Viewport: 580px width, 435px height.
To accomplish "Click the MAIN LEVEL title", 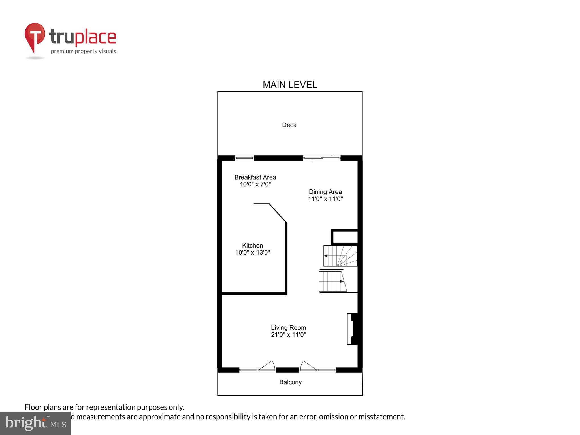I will [290, 85].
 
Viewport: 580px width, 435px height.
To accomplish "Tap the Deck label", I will [289, 125].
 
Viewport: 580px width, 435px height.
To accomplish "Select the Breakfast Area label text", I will [255, 177].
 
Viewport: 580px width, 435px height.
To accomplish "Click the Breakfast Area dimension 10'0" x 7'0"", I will [255, 184].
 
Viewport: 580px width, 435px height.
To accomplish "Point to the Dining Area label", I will [325, 192].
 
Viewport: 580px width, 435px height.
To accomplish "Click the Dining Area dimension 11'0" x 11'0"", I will [325, 199].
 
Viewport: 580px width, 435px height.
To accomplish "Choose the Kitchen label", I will [252, 246].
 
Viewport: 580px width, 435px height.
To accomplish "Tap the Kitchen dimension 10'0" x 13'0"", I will [252, 253].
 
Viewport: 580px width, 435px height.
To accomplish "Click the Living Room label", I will [288, 328].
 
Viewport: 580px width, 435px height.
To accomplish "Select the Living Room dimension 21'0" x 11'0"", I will [288, 335].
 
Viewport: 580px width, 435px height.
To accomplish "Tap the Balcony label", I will [290, 382].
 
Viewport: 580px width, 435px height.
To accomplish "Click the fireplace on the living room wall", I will [353, 329].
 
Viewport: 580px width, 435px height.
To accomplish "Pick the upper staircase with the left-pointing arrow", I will [340, 256].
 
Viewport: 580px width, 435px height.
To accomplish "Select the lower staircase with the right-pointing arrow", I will [332, 282].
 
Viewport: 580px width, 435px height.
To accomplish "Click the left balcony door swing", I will [267, 366].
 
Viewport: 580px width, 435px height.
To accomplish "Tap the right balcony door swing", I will [308, 366].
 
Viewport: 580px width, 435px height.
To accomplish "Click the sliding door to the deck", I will [322, 158].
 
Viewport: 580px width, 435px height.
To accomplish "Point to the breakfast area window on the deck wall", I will [244, 158].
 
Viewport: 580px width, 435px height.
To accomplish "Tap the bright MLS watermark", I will [35, 423].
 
